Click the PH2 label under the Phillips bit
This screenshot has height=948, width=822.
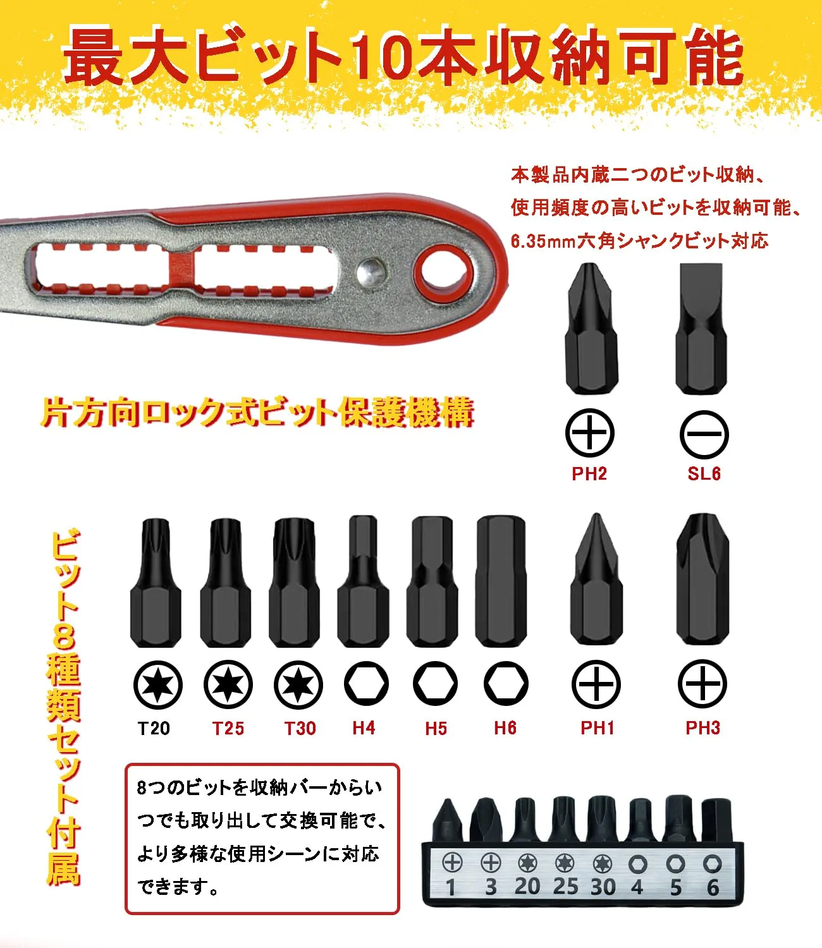(x=589, y=473)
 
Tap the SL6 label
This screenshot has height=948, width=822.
(x=704, y=473)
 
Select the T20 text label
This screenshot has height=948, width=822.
(x=154, y=728)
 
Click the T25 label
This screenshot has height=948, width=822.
(x=228, y=728)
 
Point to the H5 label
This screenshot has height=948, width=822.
(x=436, y=728)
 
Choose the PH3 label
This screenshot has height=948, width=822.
(x=702, y=728)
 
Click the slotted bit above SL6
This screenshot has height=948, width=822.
(x=701, y=329)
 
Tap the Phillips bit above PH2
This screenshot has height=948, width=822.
(x=590, y=329)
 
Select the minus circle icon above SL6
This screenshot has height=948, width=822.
(x=704, y=434)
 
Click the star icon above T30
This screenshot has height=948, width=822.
(x=298, y=685)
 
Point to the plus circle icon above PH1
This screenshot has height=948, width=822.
(x=596, y=684)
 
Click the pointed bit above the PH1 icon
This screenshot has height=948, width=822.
(x=597, y=580)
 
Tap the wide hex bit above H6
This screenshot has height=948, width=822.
(x=501, y=581)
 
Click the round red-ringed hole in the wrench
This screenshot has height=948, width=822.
(x=444, y=274)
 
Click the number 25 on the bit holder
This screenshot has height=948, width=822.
(x=565, y=887)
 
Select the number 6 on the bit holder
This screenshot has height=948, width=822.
(x=713, y=887)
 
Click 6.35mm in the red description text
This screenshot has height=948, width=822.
(x=543, y=241)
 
